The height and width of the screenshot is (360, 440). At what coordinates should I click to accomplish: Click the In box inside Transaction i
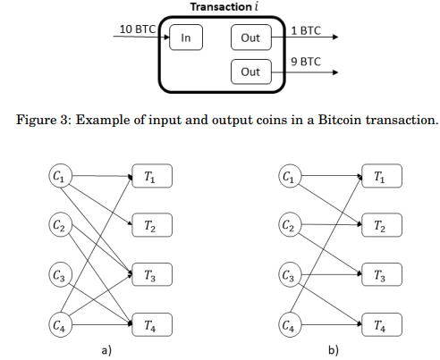186,38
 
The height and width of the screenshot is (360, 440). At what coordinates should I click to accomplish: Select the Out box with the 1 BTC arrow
251,38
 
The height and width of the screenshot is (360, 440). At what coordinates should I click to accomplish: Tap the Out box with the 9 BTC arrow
251,71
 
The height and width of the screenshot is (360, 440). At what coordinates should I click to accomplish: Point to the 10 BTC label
138,29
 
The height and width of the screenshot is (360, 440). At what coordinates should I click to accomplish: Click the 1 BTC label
306,30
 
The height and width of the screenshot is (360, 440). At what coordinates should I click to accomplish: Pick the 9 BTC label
306,62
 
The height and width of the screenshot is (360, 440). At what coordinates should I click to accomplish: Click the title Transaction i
224,7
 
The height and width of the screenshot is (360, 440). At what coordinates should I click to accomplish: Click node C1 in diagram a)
61,176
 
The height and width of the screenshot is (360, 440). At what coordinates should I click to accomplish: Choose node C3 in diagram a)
61,274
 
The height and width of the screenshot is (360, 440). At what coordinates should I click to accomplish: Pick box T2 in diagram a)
152,225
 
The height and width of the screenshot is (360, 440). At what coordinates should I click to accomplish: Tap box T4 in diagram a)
152,324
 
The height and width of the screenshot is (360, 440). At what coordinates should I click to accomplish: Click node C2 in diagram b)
290,224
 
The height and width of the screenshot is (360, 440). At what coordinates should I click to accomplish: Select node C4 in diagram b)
290,324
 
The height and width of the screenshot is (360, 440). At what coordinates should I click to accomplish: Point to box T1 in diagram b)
382,176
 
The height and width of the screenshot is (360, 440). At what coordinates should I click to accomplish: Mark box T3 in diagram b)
382,274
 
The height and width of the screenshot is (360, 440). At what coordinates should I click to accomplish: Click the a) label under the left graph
106,350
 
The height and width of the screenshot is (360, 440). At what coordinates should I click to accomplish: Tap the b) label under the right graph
334,350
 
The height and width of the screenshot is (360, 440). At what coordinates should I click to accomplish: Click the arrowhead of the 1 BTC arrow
335,37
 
